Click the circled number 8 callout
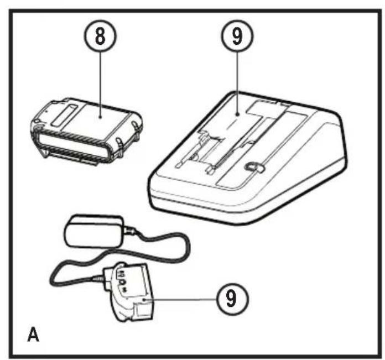[101, 36]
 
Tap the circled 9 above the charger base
[237, 36]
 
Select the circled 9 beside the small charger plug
[232, 299]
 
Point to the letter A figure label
[33, 334]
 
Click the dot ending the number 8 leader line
[101, 117]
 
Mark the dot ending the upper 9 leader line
[237, 114]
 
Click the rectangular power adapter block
[94, 231]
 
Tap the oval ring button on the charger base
[254, 167]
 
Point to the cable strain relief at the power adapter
[129, 231]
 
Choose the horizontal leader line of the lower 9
[181, 299]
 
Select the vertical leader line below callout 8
[101, 84]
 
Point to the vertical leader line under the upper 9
[237, 82]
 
